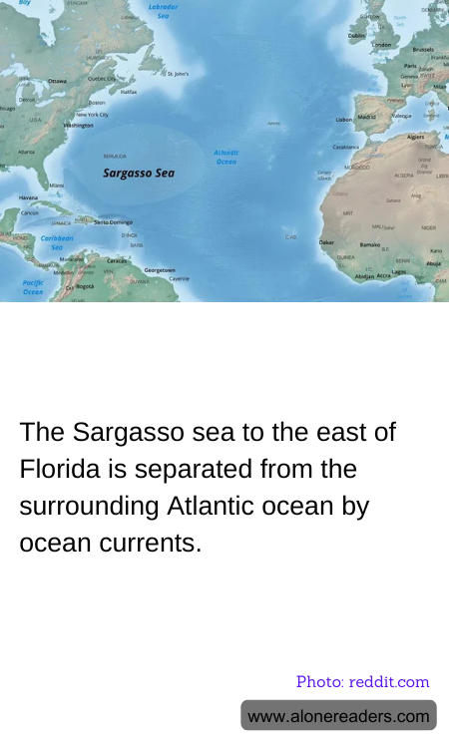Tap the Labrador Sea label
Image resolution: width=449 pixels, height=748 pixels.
point(163,11)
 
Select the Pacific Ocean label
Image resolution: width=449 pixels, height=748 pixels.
point(33,287)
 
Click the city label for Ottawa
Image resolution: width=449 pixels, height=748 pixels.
point(57,81)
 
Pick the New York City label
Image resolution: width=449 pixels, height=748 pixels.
point(92,115)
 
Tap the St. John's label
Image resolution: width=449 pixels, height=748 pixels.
point(178,74)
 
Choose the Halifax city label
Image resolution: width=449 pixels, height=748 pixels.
point(128,92)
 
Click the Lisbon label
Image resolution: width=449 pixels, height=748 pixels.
point(344,119)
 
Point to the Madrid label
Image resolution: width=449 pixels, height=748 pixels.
point(367,117)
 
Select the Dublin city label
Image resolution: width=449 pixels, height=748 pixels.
point(356,35)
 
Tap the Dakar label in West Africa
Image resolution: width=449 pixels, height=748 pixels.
point(326,242)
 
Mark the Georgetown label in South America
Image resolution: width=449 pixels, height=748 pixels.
point(160,270)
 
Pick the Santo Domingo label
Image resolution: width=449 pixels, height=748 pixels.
point(113,221)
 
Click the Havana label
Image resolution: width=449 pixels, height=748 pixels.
point(28,197)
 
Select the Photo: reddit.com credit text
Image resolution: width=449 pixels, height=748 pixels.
point(362,682)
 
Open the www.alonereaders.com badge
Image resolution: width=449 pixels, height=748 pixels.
point(338,716)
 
